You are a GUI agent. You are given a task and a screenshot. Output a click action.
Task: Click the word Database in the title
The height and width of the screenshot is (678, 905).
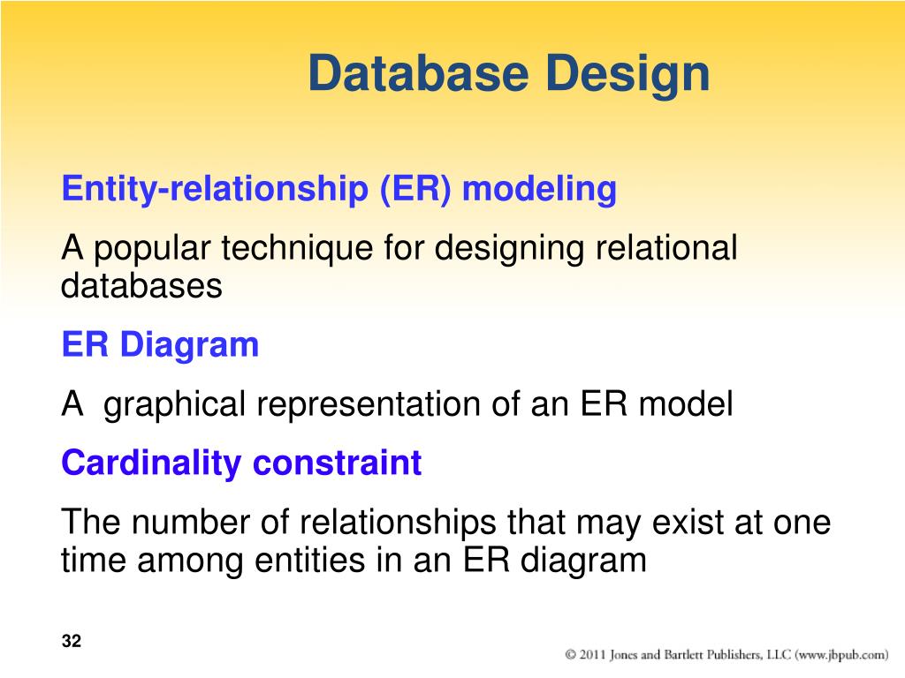click(418, 72)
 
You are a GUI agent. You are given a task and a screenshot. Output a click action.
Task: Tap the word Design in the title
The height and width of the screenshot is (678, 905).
click(627, 75)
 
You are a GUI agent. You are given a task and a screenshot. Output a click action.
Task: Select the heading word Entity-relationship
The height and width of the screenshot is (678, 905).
click(215, 189)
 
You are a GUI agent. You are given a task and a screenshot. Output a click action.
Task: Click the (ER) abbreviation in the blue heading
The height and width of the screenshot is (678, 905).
click(415, 189)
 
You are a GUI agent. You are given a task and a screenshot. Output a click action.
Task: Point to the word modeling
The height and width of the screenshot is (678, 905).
click(540, 189)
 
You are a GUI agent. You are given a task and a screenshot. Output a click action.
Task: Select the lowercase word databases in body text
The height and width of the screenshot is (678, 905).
click(141, 285)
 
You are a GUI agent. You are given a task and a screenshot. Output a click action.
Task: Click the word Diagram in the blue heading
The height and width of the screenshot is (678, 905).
click(189, 346)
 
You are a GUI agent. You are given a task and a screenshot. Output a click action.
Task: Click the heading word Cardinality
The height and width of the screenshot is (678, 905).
click(151, 463)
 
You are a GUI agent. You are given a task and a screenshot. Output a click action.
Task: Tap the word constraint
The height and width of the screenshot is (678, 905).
click(337, 463)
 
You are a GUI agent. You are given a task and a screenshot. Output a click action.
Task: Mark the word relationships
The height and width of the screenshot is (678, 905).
click(398, 524)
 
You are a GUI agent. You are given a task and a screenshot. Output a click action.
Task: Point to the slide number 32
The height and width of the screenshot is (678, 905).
click(72, 641)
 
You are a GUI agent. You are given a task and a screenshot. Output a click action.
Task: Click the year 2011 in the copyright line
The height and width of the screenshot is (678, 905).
click(592, 654)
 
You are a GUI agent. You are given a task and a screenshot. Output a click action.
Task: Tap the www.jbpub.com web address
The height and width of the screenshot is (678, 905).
click(841, 655)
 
